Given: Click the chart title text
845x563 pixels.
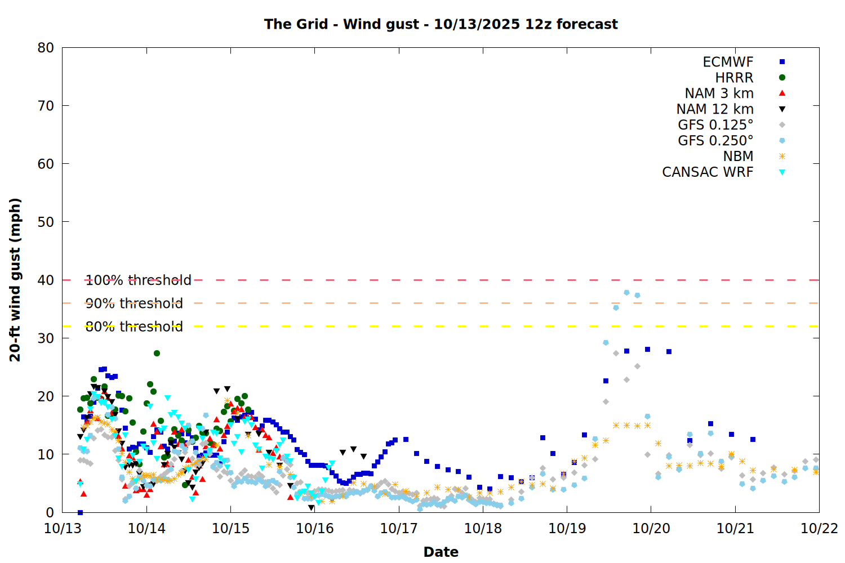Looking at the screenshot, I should click(441, 24).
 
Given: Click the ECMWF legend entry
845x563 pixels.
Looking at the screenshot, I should click(728, 62).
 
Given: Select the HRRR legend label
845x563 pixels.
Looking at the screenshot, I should click(734, 78).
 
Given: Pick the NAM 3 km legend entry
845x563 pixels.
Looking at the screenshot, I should click(719, 93).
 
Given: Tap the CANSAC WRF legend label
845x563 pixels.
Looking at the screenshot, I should click(708, 172).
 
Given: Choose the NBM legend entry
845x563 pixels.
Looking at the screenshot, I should click(738, 157).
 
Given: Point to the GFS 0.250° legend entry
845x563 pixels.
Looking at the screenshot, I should click(715, 141).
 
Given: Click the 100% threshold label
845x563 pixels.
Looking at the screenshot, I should click(138, 280).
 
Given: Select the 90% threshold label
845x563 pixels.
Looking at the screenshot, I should click(134, 303).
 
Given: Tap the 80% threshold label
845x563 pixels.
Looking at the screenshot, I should click(134, 327).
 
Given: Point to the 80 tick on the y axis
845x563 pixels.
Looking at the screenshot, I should click(46, 48).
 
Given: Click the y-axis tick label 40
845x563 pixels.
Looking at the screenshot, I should click(46, 280).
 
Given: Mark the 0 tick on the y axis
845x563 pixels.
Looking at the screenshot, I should click(50, 512).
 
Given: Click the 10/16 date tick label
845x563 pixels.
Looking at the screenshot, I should click(315, 529).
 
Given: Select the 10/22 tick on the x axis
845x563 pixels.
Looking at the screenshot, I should click(819, 529).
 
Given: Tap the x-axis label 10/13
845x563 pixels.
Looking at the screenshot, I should click(63, 529).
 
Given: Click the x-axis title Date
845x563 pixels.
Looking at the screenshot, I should click(441, 552).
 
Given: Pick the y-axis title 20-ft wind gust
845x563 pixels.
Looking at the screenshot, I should click(15, 280).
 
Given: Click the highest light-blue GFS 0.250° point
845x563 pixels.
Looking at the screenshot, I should click(626, 292).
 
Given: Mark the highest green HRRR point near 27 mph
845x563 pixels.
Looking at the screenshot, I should click(157, 353).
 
